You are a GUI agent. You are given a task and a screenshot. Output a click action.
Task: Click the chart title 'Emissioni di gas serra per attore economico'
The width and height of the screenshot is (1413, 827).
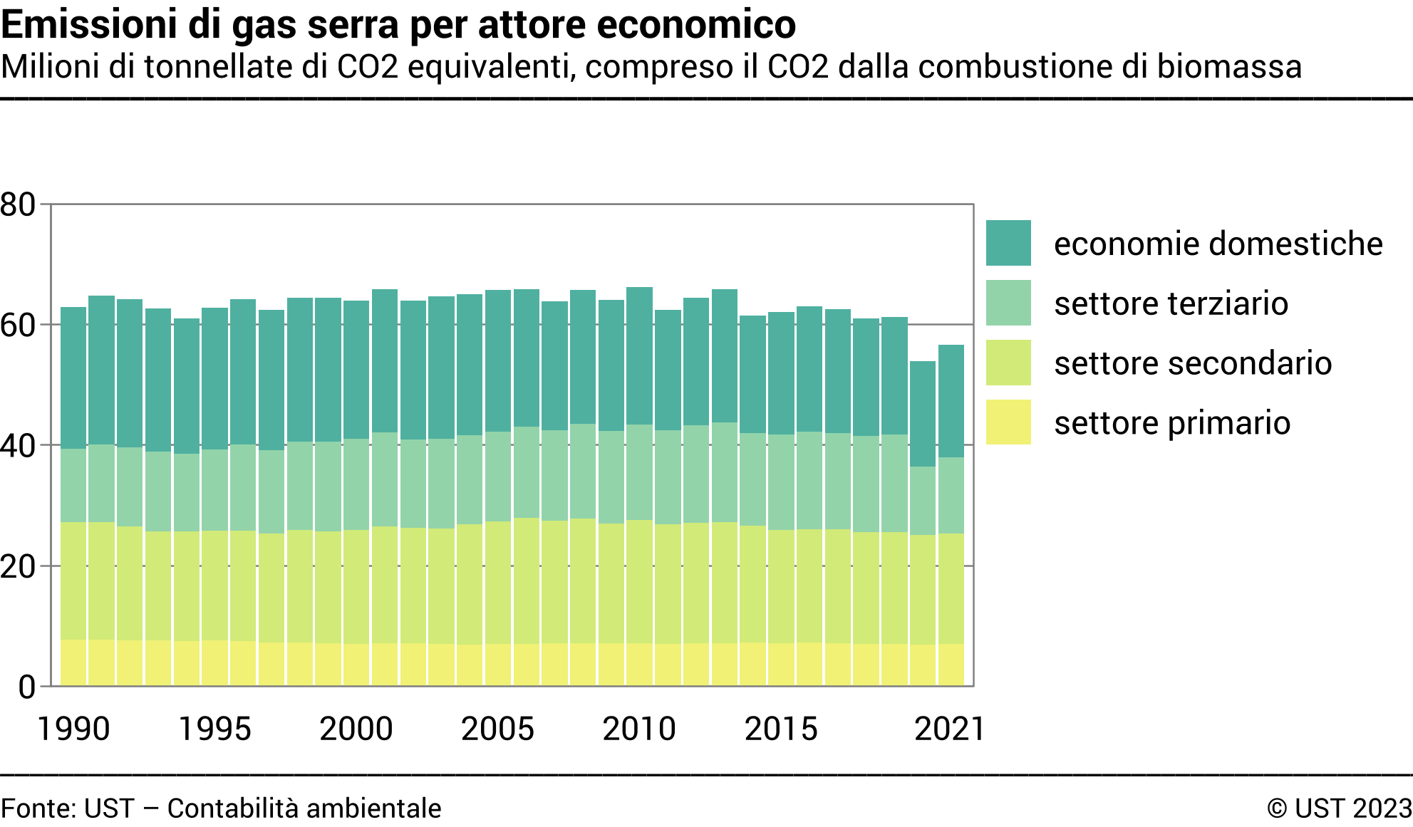click(398, 25)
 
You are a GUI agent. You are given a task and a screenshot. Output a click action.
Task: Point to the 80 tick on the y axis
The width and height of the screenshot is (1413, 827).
click(19, 205)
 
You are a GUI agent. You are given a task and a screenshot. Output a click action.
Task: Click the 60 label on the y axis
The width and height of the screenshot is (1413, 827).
click(19, 326)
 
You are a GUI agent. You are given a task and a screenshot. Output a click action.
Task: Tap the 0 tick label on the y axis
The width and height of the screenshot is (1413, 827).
click(27, 687)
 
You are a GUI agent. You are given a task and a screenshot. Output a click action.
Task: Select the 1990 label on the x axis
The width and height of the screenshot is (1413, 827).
click(73, 729)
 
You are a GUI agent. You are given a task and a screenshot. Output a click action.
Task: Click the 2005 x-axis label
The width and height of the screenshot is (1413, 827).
click(497, 729)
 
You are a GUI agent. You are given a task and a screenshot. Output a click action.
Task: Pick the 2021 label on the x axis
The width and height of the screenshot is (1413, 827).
click(949, 729)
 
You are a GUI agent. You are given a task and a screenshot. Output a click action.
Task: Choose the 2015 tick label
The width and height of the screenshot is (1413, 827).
click(781, 729)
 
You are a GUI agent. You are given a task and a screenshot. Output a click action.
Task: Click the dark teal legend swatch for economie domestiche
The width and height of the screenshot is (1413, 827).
click(1008, 243)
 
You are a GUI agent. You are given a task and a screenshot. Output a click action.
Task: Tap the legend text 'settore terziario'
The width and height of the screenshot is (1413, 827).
click(1171, 303)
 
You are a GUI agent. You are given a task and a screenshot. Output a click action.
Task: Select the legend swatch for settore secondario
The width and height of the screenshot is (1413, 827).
click(1008, 363)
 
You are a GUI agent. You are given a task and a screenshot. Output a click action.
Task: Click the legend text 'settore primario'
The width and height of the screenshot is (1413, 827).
click(1172, 423)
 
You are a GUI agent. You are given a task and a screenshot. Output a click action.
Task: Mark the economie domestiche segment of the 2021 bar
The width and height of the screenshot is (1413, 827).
click(951, 401)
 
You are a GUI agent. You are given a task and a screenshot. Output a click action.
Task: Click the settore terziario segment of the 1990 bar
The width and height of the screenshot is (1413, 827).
click(73, 485)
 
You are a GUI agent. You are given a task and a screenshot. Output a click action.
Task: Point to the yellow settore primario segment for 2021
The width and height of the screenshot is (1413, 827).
click(951, 665)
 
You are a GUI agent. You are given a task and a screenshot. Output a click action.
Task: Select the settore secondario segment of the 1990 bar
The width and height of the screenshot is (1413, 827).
click(73, 581)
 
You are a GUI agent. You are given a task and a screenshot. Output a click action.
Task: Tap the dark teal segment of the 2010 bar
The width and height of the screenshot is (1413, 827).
click(639, 355)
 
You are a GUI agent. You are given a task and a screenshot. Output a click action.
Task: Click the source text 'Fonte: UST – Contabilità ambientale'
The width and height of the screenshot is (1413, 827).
click(221, 808)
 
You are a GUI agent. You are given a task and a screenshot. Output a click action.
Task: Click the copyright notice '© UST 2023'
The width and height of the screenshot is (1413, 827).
click(1339, 808)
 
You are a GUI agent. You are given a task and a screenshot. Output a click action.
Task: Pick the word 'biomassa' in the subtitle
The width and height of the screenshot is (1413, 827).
click(1229, 67)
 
